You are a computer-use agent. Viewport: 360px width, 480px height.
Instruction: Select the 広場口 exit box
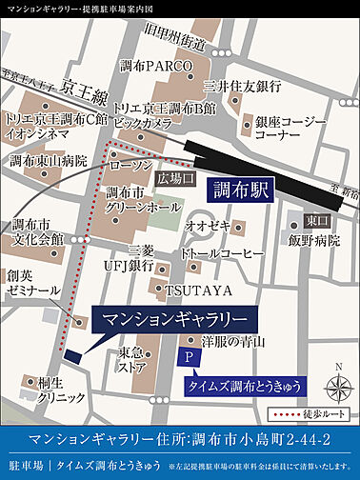click(x=175, y=178)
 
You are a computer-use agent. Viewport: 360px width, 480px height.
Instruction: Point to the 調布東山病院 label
click(x=43, y=159)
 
